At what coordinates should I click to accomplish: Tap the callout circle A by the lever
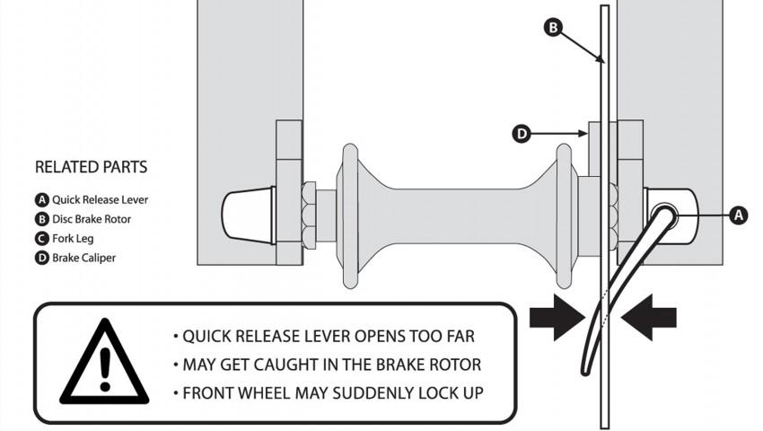(x=738, y=215)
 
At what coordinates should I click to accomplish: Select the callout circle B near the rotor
(x=555, y=28)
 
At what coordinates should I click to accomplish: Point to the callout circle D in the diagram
(x=522, y=135)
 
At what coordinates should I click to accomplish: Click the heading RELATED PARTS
(x=91, y=167)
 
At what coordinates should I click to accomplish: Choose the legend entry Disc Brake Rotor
(x=83, y=219)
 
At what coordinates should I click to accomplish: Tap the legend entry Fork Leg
(x=65, y=239)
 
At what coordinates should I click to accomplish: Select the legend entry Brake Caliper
(x=76, y=258)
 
